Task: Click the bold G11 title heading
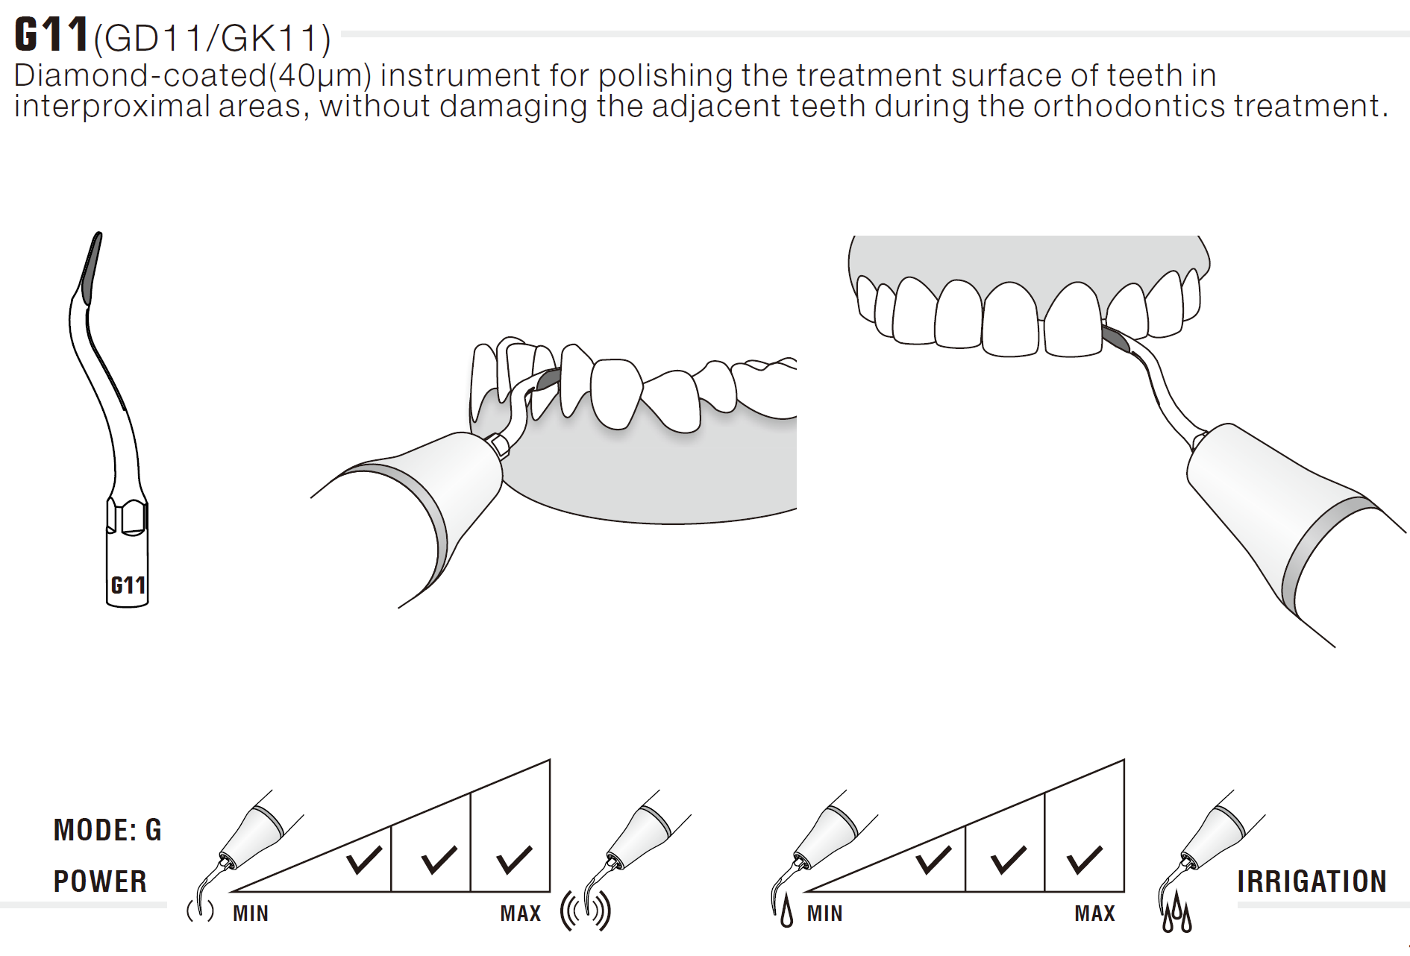click(51, 34)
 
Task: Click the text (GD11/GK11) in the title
click(212, 38)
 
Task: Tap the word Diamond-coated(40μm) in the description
click(192, 75)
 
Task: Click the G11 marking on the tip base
click(128, 585)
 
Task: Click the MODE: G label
click(107, 830)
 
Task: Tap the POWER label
click(100, 881)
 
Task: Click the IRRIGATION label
click(1312, 881)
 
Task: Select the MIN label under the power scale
click(251, 913)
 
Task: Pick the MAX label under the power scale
click(521, 913)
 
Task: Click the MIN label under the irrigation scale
click(825, 913)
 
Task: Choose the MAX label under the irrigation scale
click(1095, 913)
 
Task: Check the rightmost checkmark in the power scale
click(515, 860)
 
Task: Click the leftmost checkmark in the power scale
click(365, 860)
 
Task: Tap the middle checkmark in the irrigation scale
click(1009, 860)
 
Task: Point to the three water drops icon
click(1177, 913)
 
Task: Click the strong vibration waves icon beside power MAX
click(586, 911)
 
